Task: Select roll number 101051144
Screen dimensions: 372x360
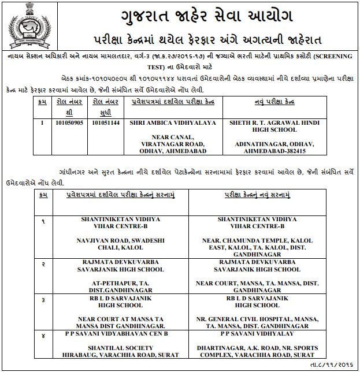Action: (107, 122)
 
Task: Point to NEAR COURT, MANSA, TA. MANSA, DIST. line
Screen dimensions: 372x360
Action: (257, 284)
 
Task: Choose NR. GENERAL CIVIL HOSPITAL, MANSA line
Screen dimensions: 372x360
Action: (257, 318)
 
